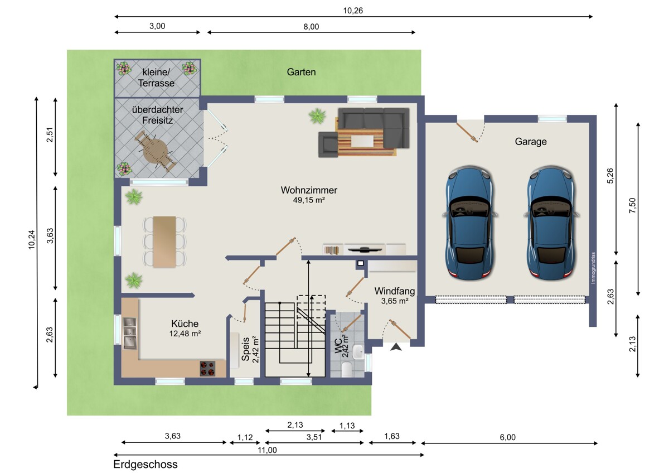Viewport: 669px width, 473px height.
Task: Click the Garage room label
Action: (531, 142)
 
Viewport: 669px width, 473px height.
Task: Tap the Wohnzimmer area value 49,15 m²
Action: (309, 200)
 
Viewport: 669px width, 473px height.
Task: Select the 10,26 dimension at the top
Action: (353, 11)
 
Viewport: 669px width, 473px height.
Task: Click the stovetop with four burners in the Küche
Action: (207, 369)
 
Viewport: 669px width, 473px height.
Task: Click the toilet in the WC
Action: (347, 369)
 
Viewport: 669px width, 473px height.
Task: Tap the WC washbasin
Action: (358, 352)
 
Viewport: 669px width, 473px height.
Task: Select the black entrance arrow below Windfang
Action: (396, 347)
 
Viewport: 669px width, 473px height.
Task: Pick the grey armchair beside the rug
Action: (328, 144)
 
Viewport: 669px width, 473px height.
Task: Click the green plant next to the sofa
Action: (317, 116)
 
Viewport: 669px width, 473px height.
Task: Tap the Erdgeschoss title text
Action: (146, 464)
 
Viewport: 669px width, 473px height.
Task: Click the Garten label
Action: (301, 72)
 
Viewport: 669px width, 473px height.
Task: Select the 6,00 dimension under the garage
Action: (508, 437)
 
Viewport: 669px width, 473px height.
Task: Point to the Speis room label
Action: (245, 349)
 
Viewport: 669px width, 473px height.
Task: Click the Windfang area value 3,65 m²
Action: (395, 301)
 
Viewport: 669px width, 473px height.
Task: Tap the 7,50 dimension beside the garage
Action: (633, 206)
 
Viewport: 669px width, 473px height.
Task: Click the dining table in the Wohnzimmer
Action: (164, 242)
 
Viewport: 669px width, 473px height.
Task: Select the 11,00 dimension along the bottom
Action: (267, 450)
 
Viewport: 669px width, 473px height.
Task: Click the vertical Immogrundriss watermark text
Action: (593, 268)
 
